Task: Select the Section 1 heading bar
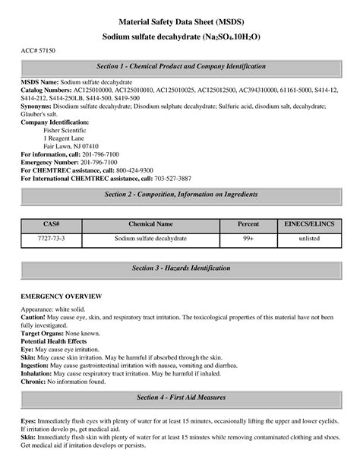[180, 68]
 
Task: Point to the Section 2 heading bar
[180, 195]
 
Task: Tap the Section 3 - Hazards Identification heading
[180, 269]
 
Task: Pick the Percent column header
[248, 224]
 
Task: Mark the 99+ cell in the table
[248, 238]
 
